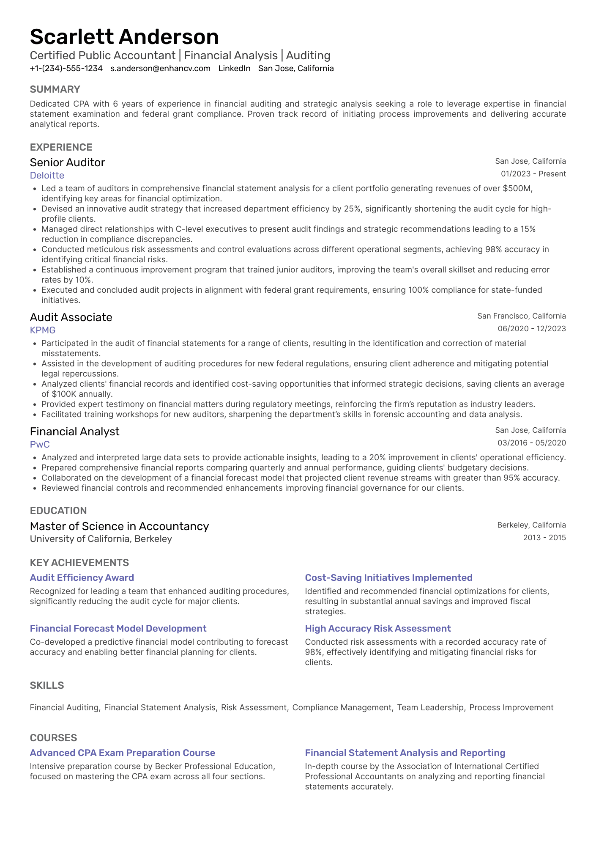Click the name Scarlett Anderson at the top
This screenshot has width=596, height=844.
click(124, 37)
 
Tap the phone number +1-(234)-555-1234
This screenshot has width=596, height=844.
click(66, 69)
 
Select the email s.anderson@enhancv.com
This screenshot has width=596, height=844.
click(160, 69)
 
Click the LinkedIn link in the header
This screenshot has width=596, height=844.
click(234, 69)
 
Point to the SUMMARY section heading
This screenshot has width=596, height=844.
click(55, 89)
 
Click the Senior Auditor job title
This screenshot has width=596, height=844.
click(67, 162)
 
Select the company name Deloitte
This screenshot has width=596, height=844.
click(47, 176)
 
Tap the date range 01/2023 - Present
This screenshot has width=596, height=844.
click(533, 174)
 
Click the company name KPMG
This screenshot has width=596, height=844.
click(43, 330)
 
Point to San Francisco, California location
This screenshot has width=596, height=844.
click(521, 316)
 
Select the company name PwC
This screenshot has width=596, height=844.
click(40, 445)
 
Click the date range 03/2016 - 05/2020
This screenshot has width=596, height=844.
click(531, 443)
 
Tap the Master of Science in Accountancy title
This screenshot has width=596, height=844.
click(119, 526)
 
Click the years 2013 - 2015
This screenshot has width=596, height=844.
click(544, 538)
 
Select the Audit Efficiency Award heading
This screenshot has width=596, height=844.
click(82, 578)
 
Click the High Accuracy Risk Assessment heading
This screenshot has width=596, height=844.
click(378, 629)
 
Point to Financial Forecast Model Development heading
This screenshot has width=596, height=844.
click(118, 629)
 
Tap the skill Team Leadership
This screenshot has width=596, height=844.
click(430, 708)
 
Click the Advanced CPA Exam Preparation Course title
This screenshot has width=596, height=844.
click(123, 753)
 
